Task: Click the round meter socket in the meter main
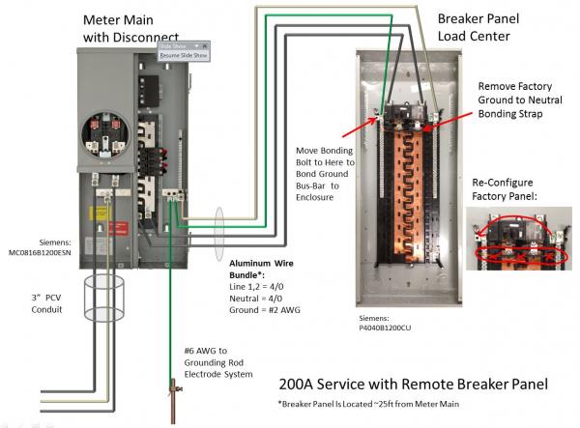102,134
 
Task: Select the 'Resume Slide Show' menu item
184,56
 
